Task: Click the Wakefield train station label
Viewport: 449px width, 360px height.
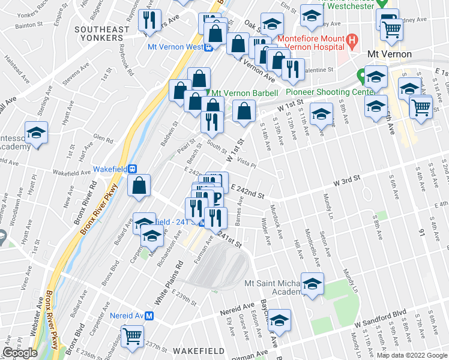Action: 113,169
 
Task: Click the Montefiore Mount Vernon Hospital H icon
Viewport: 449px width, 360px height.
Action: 353,41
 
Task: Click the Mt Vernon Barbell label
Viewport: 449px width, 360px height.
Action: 245,93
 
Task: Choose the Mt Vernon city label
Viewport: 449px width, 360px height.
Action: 389,54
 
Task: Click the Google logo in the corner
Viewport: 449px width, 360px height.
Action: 20,353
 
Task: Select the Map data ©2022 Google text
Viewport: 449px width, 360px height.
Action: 412,355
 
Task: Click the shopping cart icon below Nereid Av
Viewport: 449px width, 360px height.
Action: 131,337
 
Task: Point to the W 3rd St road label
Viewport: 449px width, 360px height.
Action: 346,179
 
